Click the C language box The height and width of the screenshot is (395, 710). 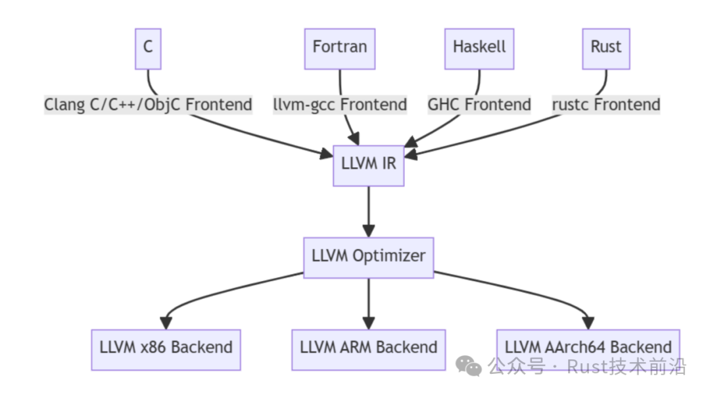[x=148, y=48]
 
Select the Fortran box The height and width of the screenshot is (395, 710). [x=339, y=48]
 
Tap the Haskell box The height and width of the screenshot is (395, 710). [x=479, y=48]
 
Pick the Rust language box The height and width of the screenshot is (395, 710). [x=605, y=48]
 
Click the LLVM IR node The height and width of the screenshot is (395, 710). [x=368, y=163]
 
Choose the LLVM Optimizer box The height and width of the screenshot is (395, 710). [x=368, y=257]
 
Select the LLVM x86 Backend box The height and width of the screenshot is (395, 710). [x=166, y=348]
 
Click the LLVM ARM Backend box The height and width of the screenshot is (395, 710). [x=368, y=348]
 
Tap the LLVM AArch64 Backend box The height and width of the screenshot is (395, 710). [x=588, y=348]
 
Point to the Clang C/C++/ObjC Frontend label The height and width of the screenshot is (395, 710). [x=148, y=105]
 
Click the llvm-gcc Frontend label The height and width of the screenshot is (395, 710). [x=340, y=105]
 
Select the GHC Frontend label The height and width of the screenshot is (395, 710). [x=479, y=105]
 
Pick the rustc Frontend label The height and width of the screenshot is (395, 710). [x=606, y=105]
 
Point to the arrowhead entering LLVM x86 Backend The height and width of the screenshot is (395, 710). [x=166, y=323]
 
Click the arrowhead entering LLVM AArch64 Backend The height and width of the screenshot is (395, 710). [x=588, y=323]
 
